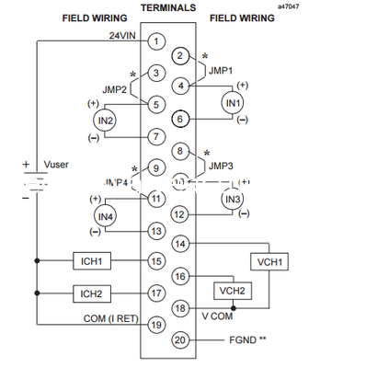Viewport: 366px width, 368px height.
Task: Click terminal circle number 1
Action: tap(157, 41)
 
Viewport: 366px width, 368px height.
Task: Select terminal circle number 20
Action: tap(180, 339)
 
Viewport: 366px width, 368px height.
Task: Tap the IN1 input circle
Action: tap(233, 102)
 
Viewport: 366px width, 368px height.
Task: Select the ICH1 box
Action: tap(92, 261)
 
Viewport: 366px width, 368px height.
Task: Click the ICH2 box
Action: tap(92, 293)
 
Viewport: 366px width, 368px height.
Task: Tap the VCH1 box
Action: tap(269, 261)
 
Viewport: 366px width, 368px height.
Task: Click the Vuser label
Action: tap(57, 166)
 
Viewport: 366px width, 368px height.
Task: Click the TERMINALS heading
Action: tap(167, 7)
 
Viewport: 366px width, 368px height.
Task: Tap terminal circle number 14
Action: tap(180, 244)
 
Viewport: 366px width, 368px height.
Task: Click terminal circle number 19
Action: tap(157, 324)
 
